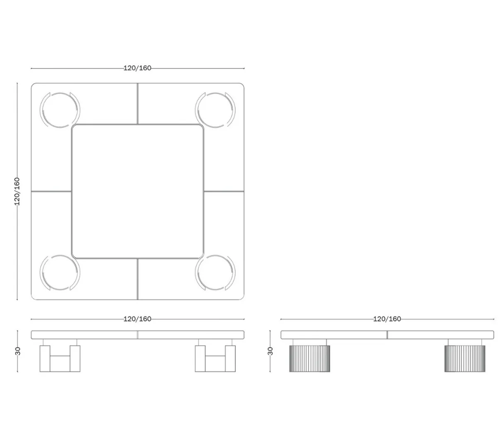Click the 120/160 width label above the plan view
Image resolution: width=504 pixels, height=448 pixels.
pyautogui.click(x=137, y=68)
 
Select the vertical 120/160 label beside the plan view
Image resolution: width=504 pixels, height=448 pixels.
pyautogui.click(x=17, y=191)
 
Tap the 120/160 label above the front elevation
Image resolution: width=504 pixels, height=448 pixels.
pyautogui.click(x=137, y=319)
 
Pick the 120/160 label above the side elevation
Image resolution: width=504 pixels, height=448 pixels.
pyautogui.click(x=387, y=319)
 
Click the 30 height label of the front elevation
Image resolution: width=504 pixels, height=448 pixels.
pyautogui.click(x=18, y=351)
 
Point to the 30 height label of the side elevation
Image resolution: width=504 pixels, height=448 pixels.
pyautogui.click(x=270, y=351)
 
